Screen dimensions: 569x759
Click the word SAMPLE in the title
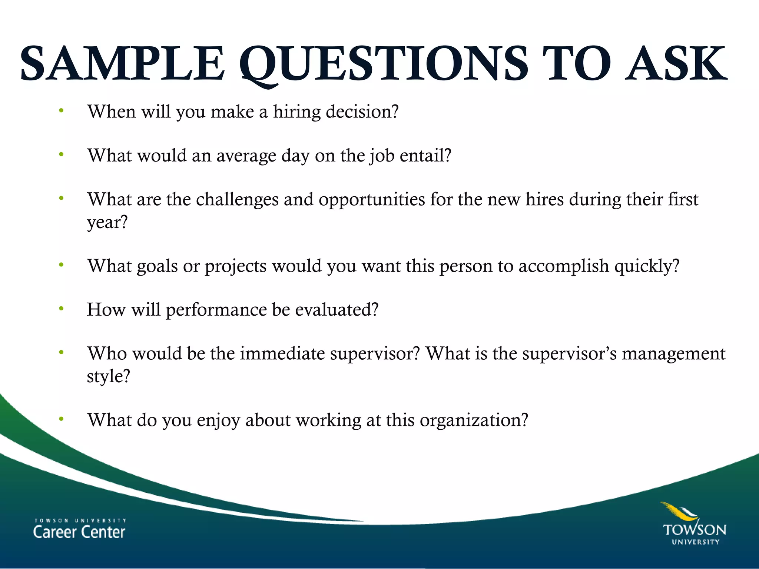pos(122,64)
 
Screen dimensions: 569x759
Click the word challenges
pos(237,200)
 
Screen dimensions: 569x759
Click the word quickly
pos(647,266)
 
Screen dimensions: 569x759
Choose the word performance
pos(216,310)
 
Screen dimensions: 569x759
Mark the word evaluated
pos(337,310)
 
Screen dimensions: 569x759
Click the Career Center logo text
pos(79,529)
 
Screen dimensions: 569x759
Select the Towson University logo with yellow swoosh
pos(694,524)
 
